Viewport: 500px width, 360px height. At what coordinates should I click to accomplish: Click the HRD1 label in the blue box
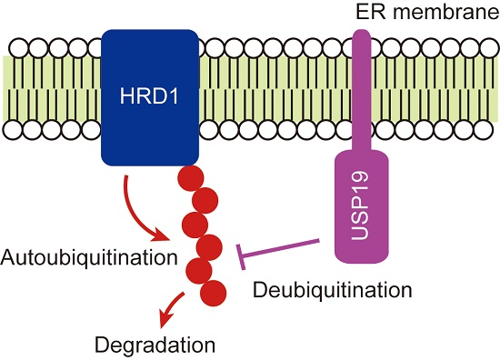pos(150,95)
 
